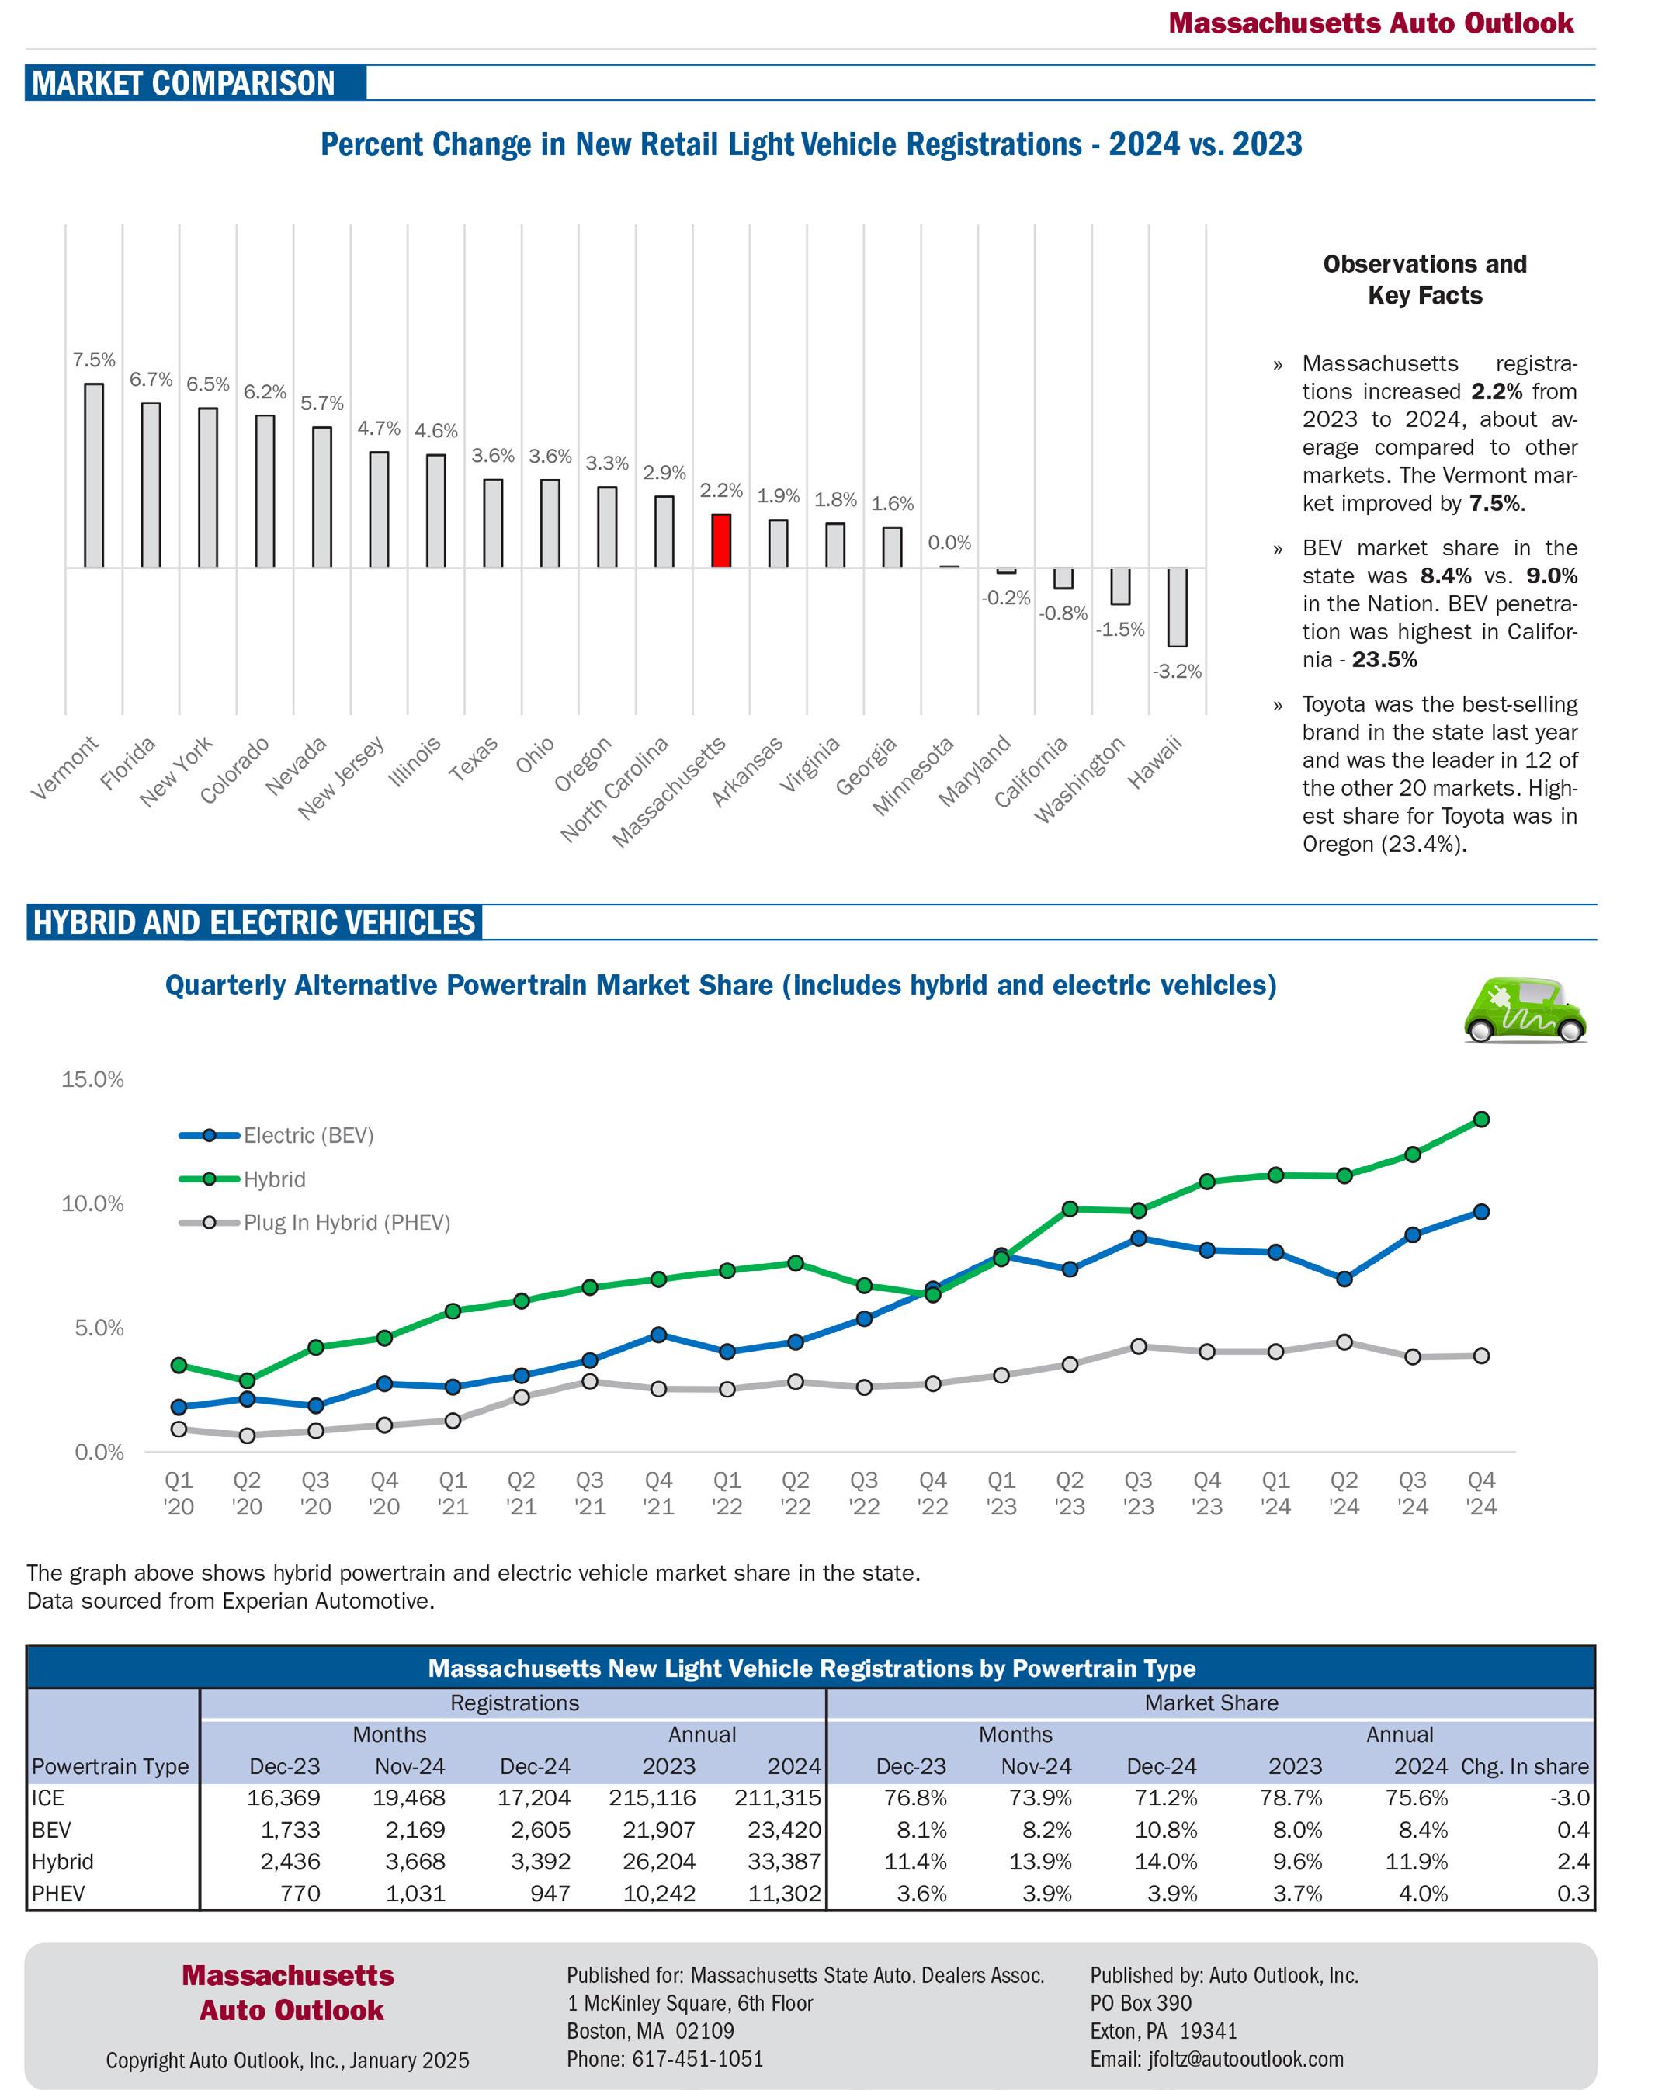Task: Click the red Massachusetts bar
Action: (x=721, y=540)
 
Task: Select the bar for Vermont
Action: (x=94, y=475)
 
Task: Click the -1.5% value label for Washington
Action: (x=1120, y=630)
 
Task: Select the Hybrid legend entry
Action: (x=274, y=1179)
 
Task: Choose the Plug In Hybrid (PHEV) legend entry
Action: (x=346, y=1223)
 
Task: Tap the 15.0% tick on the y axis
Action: (x=93, y=1079)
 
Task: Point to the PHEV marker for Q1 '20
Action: (x=179, y=1429)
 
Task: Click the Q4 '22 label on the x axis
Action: (x=932, y=1492)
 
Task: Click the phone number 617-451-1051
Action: (x=698, y=2059)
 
